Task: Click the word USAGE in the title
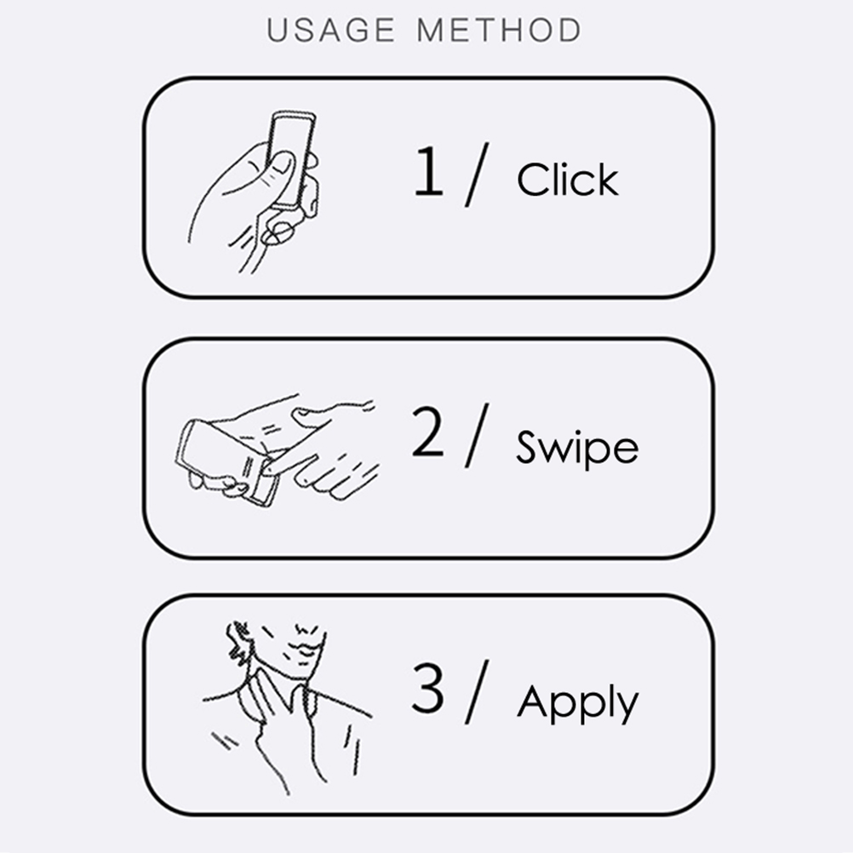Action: pyautogui.click(x=331, y=30)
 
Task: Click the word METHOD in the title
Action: pyautogui.click(x=499, y=30)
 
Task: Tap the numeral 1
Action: pyautogui.click(x=429, y=171)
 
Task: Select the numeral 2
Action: pyautogui.click(x=427, y=432)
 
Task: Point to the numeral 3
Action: pyautogui.click(x=427, y=687)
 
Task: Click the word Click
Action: pyautogui.click(x=568, y=179)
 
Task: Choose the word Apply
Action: pyautogui.click(x=576, y=703)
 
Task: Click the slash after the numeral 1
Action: pyautogui.click(x=477, y=174)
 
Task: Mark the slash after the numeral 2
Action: pyautogui.click(x=477, y=435)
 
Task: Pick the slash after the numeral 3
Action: pyautogui.click(x=477, y=692)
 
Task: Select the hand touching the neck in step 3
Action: pyautogui.click(x=278, y=724)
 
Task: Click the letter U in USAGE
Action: pyautogui.click(x=277, y=30)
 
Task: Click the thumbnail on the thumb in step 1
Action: pyautogui.click(x=283, y=163)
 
